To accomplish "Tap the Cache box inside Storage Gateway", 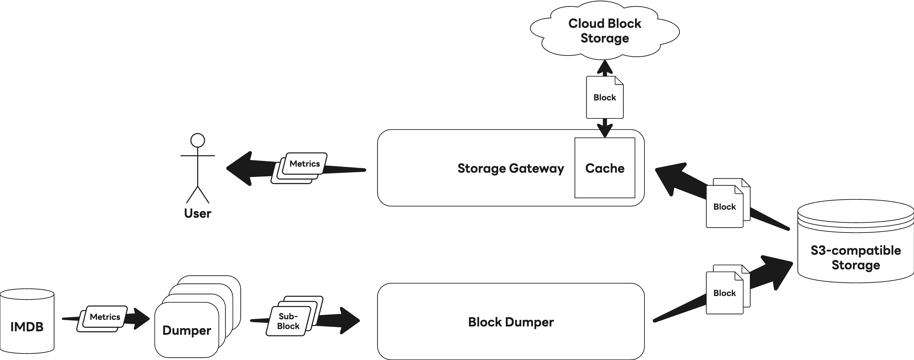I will pos(605,168).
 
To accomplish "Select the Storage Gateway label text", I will pos(510,168).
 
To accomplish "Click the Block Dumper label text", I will pos(511,322).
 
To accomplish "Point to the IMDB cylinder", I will pos(27,321).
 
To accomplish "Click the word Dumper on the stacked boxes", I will pos(187,330).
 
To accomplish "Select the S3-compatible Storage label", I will pos(855,258).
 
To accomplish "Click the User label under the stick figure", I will pos(198,213).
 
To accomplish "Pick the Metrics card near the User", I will pos(304,164).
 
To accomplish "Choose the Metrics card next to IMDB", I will pos(105,317).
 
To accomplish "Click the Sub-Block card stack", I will pos(288,321).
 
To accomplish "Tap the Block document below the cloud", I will pos(605,98).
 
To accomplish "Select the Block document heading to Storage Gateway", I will pos(725,207).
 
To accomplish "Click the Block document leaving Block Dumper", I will pos(725,293).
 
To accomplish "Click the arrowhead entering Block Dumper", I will pos(349,321).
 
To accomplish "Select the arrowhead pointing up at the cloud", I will pos(605,67).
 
